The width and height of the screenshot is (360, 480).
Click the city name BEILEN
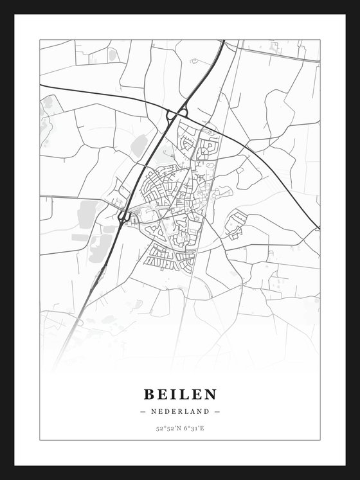click(x=180, y=394)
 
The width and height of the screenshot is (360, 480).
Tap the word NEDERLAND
click(x=180, y=411)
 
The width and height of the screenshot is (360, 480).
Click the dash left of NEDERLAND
click(x=142, y=411)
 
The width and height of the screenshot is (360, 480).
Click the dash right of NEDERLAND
click(x=217, y=411)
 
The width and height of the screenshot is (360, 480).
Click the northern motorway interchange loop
click(x=177, y=114)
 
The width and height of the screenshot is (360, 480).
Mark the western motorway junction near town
click(x=124, y=217)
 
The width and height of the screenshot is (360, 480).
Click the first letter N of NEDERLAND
click(x=154, y=411)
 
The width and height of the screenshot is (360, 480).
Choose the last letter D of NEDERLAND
click(x=206, y=411)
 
